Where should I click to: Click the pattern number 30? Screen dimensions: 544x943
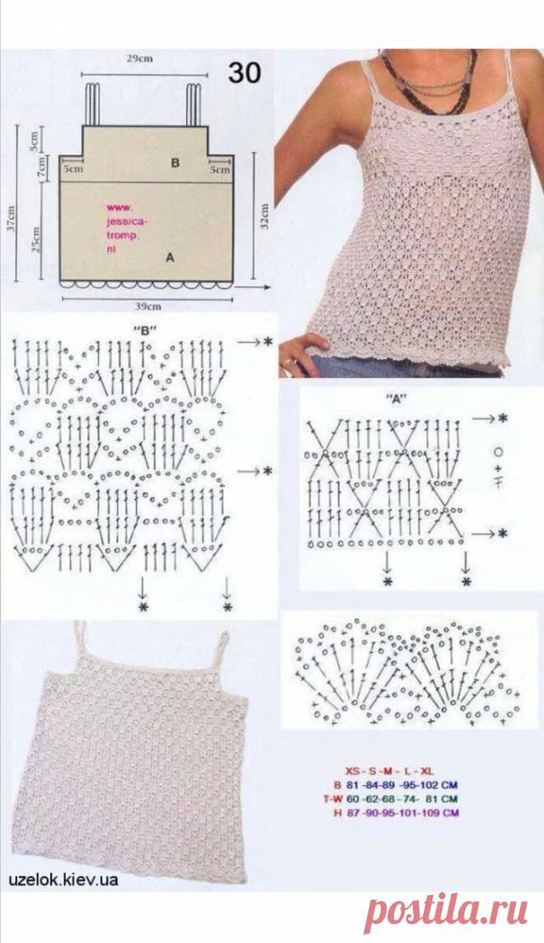click(x=244, y=72)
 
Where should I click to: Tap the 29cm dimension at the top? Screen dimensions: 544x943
click(x=139, y=59)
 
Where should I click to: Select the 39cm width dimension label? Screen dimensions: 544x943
click(x=148, y=306)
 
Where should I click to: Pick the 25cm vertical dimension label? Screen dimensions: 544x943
click(x=37, y=239)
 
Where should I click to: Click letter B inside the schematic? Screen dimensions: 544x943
click(x=175, y=162)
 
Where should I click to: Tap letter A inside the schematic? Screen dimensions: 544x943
click(x=170, y=258)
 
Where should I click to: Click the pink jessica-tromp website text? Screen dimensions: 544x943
click(x=126, y=227)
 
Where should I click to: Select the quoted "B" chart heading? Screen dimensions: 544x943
click(x=143, y=329)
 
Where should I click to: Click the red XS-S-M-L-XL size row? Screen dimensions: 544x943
click(x=389, y=770)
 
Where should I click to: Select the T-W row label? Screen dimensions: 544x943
click(x=332, y=799)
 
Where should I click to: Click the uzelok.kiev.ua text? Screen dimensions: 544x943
click(x=63, y=880)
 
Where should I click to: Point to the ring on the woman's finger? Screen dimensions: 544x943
click(x=290, y=362)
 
